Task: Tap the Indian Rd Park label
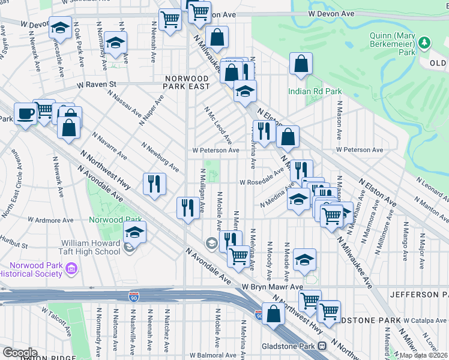pyautogui.click(x=315, y=91)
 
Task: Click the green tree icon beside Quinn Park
pyautogui.click(x=425, y=42)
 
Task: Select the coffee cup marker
pyautogui.click(x=25, y=113)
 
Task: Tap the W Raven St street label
pyautogui.click(x=95, y=85)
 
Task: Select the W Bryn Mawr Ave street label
pyautogui.click(x=273, y=287)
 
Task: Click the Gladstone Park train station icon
pyautogui.click(x=322, y=346)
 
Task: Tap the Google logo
pyautogui.click(x=20, y=353)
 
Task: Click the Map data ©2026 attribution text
pyautogui.click(x=423, y=355)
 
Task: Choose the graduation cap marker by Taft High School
pyautogui.click(x=135, y=233)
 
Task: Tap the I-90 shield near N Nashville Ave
pyautogui.click(x=133, y=296)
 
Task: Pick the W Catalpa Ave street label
pyautogui.click(x=427, y=322)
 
